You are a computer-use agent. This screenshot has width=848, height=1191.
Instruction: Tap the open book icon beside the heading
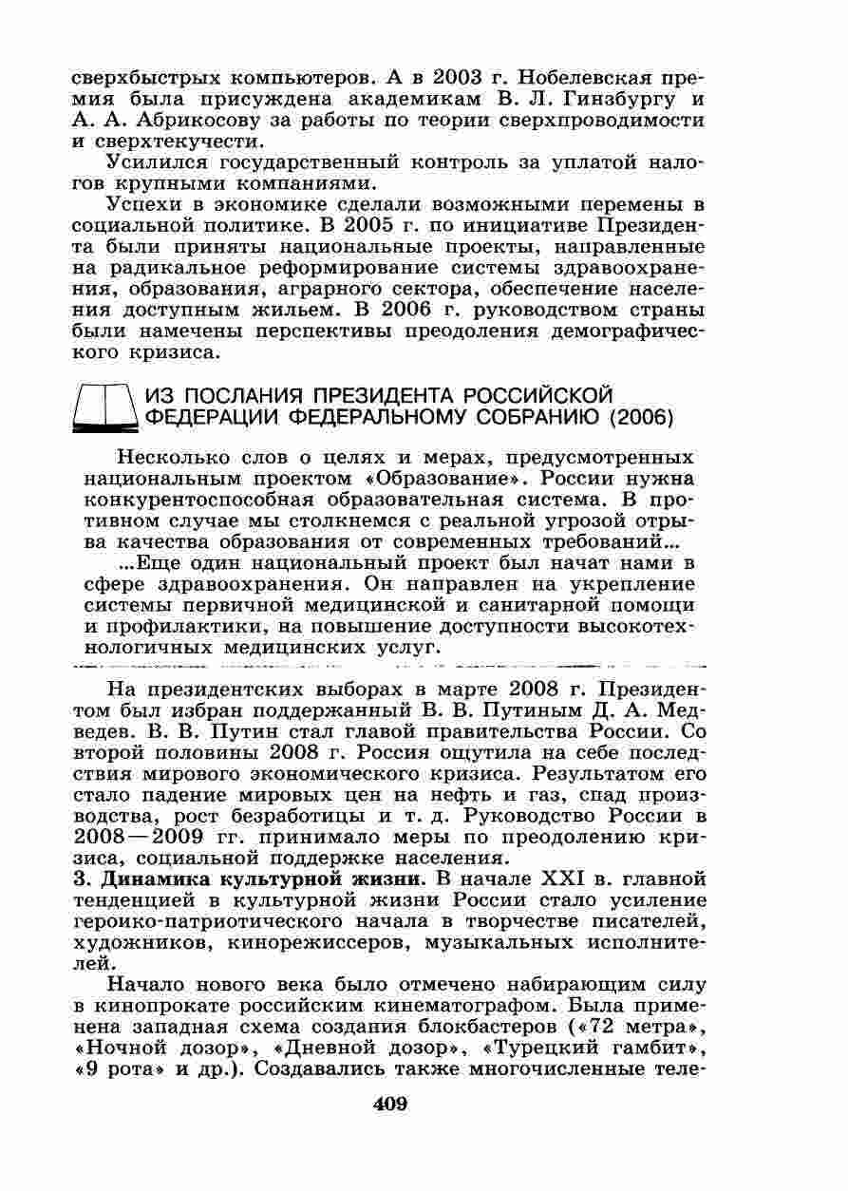104,407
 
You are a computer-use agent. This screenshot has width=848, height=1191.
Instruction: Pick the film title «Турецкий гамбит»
591,1046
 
